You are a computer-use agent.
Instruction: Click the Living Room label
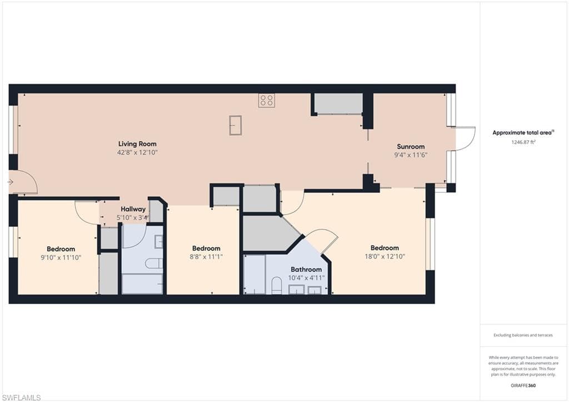pos(137,144)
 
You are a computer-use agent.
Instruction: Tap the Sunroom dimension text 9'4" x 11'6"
pos(411,155)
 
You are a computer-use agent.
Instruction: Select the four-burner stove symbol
pos(267,101)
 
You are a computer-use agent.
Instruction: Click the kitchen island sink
pos(236,125)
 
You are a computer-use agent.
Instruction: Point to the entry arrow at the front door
pos(10,182)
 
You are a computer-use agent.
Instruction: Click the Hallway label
pos(133,209)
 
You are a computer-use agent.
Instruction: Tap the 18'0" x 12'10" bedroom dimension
pos(385,256)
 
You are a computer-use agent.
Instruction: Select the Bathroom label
pos(306,270)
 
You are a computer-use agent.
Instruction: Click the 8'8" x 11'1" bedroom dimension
pos(206,257)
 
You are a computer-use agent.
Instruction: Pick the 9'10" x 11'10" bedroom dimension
pos(61,257)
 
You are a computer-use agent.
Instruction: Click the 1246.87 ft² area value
pos(523,142)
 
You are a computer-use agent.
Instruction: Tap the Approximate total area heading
pos(523,132)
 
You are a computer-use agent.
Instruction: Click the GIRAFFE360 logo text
pos(523,385)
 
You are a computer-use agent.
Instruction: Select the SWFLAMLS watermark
pos(21,398)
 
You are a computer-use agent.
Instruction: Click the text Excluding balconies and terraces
pos(523,335)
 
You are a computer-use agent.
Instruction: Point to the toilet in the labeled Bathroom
pos(277,285)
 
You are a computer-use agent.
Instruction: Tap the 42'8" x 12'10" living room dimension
pos(137,152)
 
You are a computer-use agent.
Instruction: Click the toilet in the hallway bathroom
pos(154,264)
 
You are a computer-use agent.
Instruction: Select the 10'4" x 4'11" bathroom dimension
pos(306,278)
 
